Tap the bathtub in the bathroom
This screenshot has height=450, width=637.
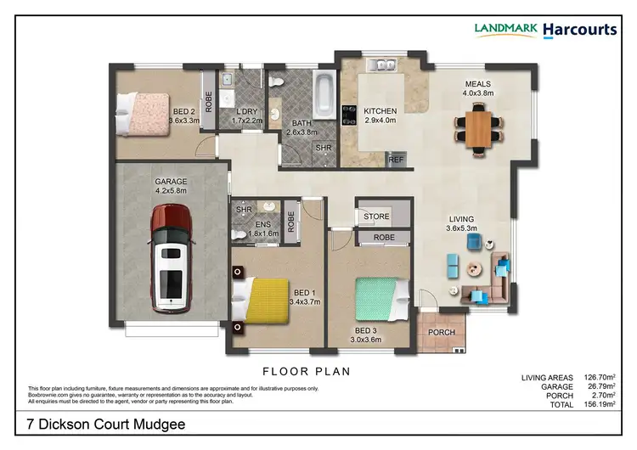click(324, 95)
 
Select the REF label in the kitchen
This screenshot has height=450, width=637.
click(396, 158)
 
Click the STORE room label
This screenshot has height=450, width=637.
click(376, 217)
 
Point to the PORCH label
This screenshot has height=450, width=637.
click(441, 332)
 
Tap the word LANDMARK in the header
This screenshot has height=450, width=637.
click(506, 30)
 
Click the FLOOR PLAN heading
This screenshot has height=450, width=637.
click(307, 371)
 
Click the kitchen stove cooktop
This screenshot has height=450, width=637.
click(348, 115)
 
